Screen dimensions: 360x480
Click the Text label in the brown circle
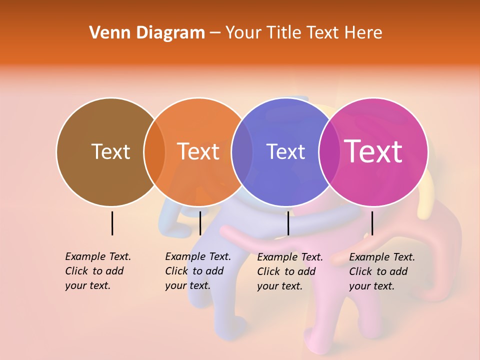coord(110,151)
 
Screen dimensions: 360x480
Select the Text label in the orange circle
coord(198,151)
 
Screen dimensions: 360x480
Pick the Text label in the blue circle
coord(285,151)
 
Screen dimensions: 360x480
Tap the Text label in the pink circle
coord(373,151)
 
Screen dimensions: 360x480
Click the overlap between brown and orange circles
coord(154,151)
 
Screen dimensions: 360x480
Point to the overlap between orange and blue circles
coord(242,151)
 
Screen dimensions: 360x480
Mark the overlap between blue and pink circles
coord(329,151)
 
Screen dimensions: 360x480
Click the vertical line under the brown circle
coord(112,223)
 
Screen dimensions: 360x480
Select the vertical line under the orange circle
coord(200,223)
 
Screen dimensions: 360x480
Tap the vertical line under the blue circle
coord(288,223)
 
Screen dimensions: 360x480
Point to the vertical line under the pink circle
coord(372,223)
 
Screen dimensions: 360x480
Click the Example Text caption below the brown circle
coord(97,271)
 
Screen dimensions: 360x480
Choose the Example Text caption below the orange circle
coord(197,271)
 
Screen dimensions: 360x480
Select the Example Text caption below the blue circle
coord(289,271)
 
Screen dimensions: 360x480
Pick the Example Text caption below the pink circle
coord(381,271)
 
